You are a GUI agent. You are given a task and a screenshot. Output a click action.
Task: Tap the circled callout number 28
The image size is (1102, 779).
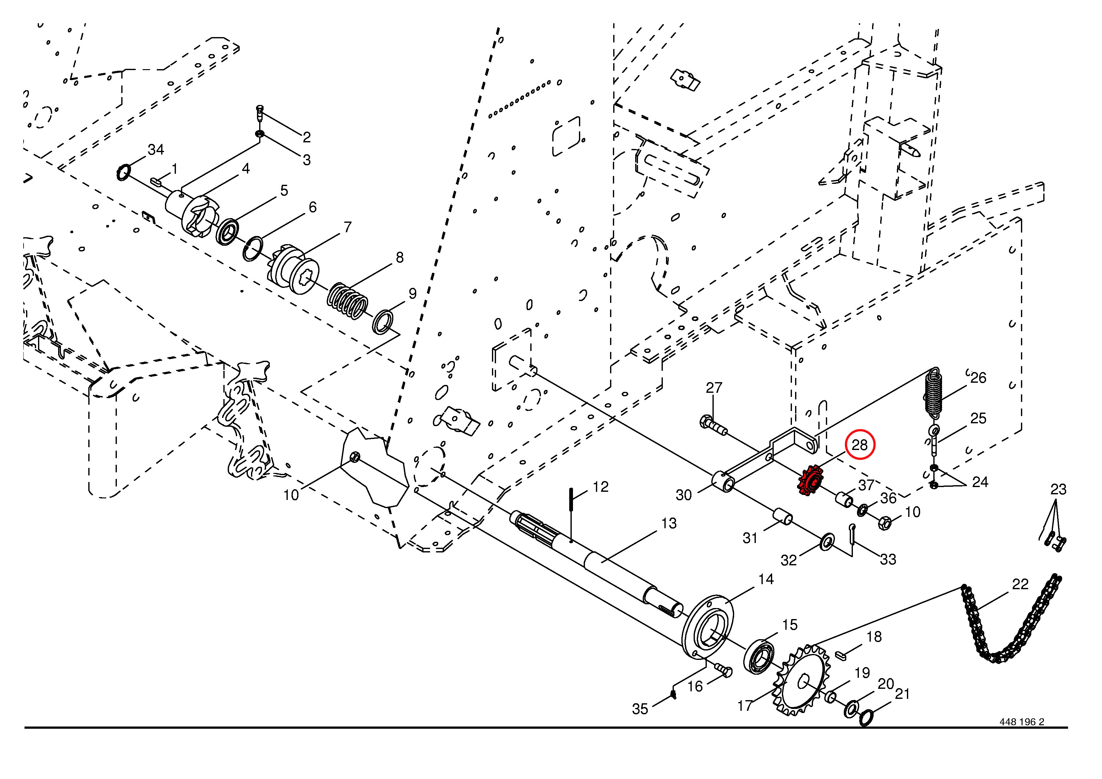(859, 445)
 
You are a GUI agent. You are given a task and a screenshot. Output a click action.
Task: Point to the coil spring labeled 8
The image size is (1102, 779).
(348, 301)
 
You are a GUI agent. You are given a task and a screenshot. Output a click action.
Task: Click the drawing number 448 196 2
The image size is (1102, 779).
(1022, 735)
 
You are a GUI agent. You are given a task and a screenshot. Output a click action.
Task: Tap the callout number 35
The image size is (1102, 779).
(640, 708)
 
